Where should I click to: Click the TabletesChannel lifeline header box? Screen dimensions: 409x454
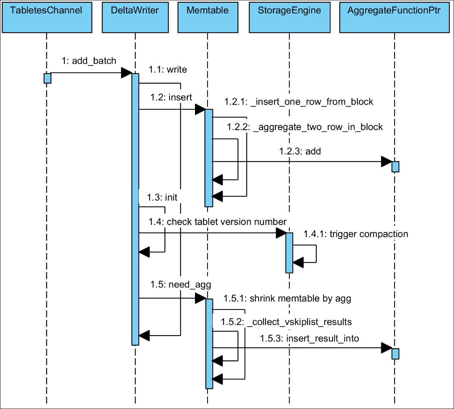[46, 17]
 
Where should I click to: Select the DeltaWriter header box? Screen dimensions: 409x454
[135, 17]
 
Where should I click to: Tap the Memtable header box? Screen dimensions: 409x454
[208, 17]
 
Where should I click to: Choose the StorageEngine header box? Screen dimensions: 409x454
[289, 17]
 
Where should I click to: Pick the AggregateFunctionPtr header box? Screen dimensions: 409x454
[394, 17]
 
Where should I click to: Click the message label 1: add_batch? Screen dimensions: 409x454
[89, 61]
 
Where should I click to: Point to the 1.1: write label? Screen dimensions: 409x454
[168, 70]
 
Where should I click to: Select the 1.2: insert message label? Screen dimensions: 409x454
[171, 98]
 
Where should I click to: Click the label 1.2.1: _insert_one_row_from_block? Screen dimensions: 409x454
[299, 102]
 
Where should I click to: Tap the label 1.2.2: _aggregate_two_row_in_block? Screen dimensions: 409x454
[305, 127]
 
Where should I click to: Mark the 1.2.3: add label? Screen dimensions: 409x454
[300, 151]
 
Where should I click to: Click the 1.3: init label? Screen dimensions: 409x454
[162, 197]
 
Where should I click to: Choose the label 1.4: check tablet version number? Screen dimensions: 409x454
[217, 222]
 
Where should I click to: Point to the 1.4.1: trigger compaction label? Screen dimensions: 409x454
[356, 234]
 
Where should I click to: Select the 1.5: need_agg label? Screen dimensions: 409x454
[180, 284]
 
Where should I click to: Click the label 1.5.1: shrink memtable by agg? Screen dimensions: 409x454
[287, 298]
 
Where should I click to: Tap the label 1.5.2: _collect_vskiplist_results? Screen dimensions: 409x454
[286, 322]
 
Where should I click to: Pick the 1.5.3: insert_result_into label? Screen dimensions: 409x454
[309, 339]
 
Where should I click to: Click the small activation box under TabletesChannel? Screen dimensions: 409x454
[47, 78]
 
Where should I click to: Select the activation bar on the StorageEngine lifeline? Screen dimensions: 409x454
[289, 252]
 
